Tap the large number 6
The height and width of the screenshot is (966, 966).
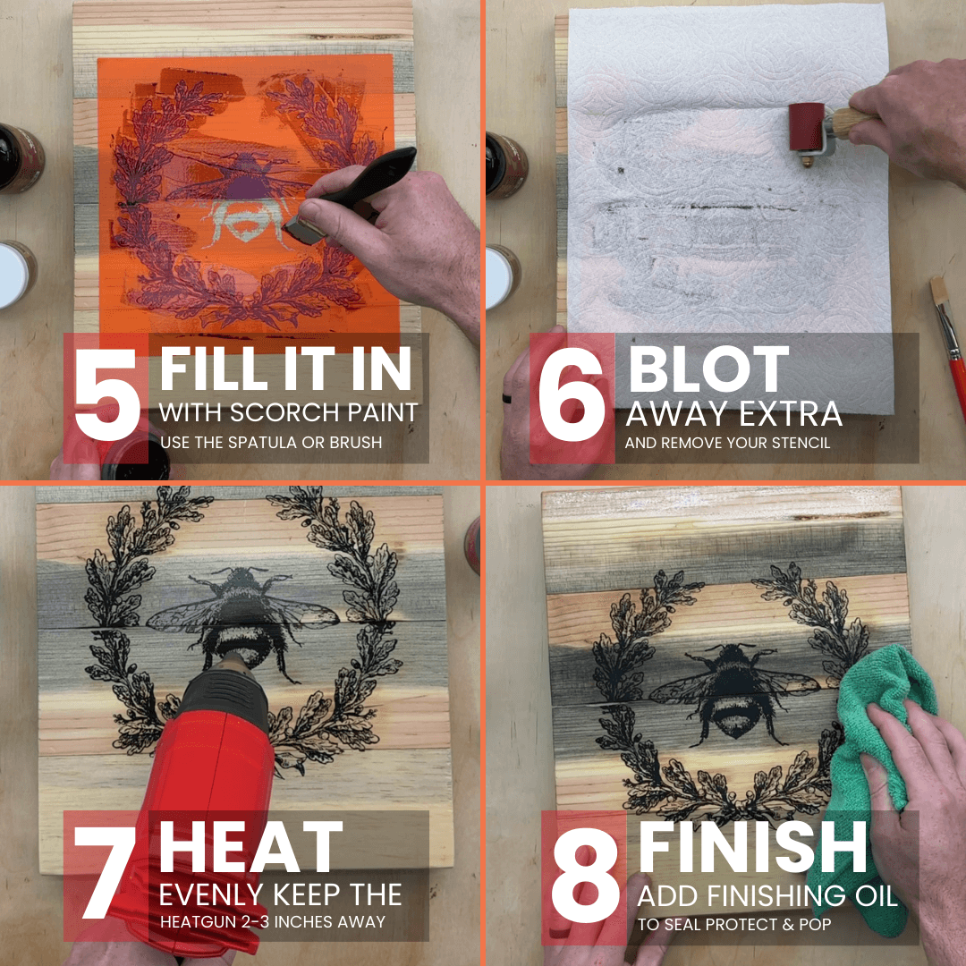(571, 394)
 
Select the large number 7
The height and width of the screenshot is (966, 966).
(105, 871)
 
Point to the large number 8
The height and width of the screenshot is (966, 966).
(585, 875)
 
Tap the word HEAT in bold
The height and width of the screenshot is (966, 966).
(250, 846)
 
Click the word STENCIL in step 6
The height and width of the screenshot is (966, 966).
(799, 443)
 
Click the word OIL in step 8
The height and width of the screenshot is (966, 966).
(876, 896)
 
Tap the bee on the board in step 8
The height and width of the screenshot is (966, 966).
(733, 690)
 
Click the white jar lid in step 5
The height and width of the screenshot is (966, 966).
(13, 275)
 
